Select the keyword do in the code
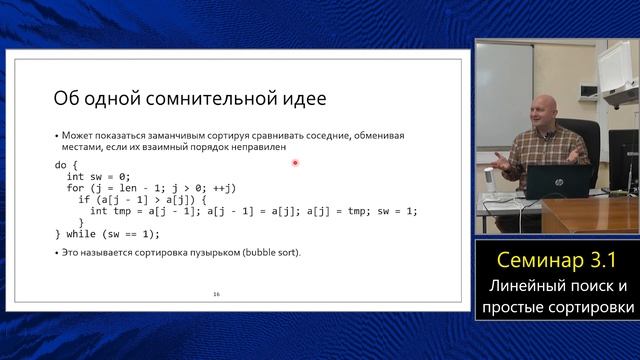62,163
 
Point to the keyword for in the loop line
76,187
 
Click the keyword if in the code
84,199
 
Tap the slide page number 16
217,295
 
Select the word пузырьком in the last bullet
191,252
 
